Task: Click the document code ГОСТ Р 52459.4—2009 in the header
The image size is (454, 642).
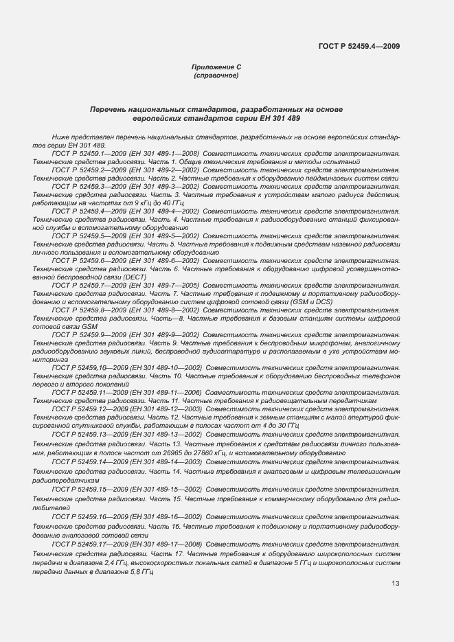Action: pyautogui.click(x=359, y=47)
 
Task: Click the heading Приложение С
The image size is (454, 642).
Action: pyautogui.click(x=216, y=67)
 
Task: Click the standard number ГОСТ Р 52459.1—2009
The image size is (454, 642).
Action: pyautogui.click(x=87, y=153)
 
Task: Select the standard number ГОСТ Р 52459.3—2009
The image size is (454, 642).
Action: pyautogui.click(x=87, y=186)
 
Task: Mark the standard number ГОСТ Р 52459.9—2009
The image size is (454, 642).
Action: pyautogui.click(x=87, y=334)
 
